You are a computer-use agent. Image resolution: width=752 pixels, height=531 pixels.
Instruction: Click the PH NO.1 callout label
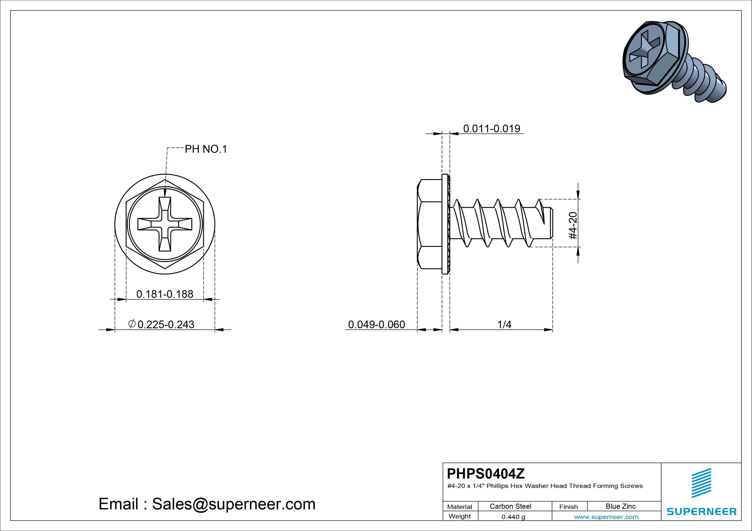(x=206, y=149)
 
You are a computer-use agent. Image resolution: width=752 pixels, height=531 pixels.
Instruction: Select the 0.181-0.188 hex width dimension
(x=165, y=294)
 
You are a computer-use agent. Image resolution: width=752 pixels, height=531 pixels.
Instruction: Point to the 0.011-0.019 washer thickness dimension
(x=492, y=129)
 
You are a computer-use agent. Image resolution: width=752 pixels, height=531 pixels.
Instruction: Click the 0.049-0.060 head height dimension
(x=377, y=325)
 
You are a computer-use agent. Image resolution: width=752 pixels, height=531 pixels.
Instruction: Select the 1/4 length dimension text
(x=504, y=325)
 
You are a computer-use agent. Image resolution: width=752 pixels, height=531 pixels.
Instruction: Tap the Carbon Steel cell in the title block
(x=510, y=506)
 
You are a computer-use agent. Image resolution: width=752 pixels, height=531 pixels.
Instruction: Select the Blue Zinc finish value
(x=621, y=506)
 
